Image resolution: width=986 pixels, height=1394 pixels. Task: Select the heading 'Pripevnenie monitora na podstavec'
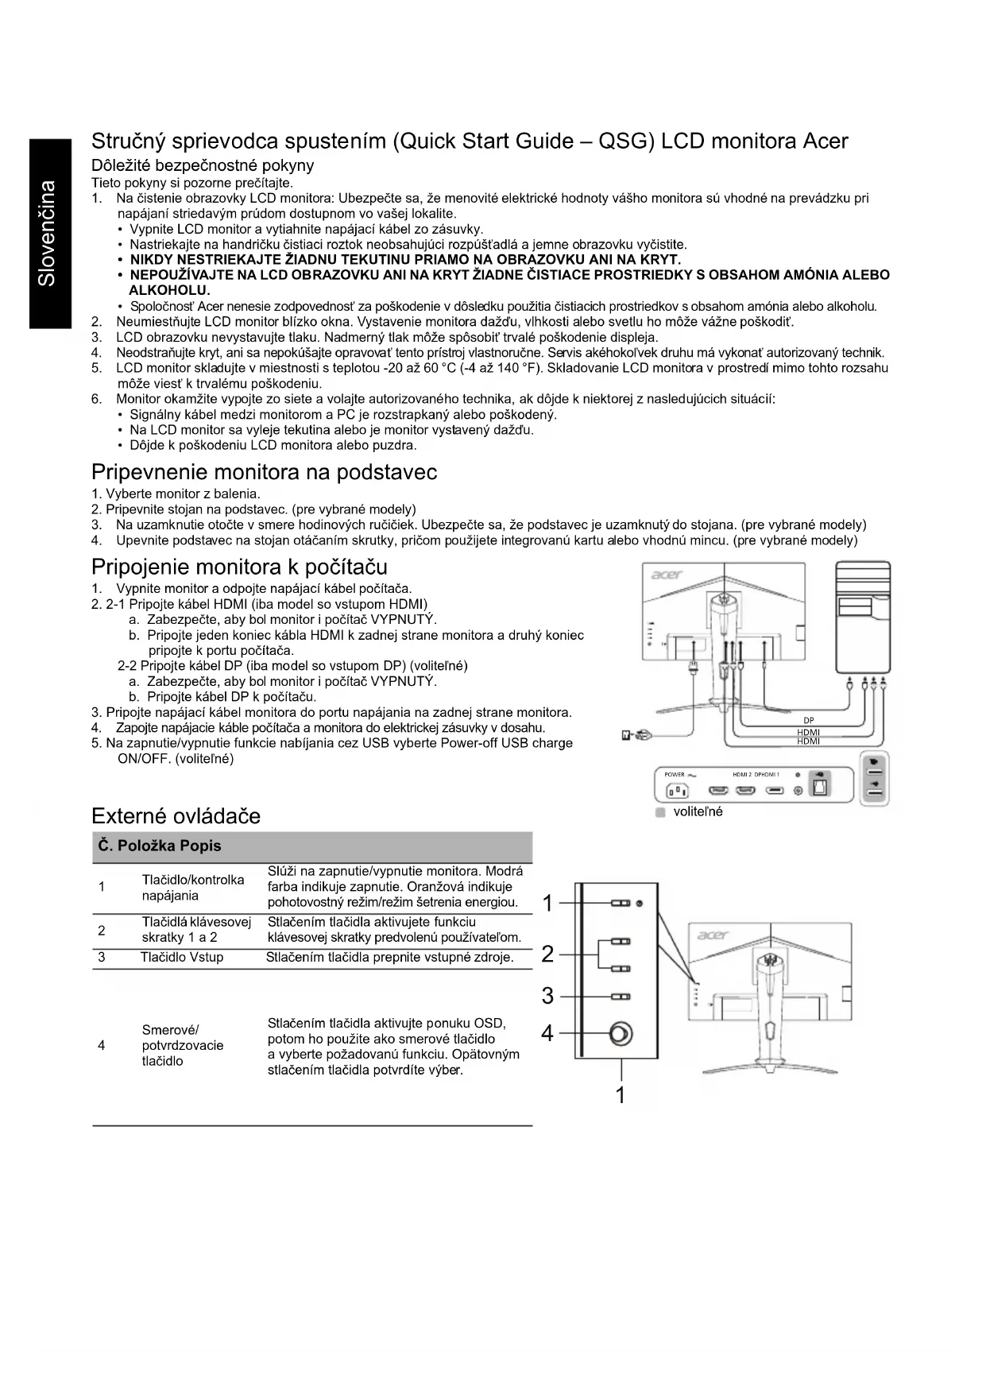264,473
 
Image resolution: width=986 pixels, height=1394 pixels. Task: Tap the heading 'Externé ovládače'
176,816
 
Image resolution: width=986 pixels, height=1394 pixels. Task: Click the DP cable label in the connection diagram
808,721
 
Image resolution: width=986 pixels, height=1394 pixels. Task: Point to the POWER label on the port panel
674,774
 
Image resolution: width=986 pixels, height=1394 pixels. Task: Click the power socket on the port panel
677,791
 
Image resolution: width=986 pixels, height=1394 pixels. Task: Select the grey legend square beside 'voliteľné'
659,813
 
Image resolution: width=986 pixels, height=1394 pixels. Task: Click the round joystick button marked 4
620,1034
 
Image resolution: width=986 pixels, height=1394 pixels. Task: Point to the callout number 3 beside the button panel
547,996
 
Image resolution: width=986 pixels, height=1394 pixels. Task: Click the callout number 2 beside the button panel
547,954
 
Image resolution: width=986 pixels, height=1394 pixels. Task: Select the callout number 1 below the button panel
621,1095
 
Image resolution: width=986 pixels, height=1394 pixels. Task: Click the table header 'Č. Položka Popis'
160,846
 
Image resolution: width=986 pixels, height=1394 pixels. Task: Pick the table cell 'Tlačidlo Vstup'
182,957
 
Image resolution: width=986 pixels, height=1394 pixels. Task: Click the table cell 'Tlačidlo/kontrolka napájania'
192,888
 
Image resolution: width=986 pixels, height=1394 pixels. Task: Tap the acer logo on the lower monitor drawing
713,935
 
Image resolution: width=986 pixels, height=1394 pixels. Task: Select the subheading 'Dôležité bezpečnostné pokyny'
203,165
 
